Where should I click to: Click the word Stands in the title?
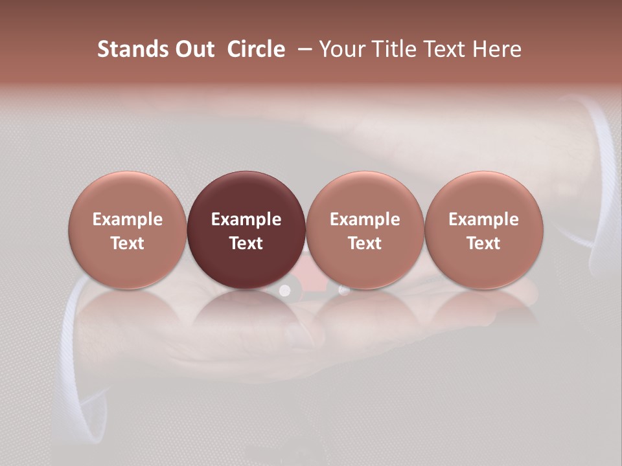click(133, 49)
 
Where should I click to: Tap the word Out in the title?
click(195, 49)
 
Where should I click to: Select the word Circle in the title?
click(256, 49)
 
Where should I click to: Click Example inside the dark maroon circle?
click(246, 219)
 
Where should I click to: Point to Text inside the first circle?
click(128, 243)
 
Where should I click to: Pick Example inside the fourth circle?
click(483, 219)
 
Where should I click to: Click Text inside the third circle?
click(365, 243)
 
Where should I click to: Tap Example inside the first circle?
click(128, 219)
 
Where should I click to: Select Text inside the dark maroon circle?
click(246, 243)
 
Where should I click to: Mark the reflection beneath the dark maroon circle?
click(246, 311)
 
